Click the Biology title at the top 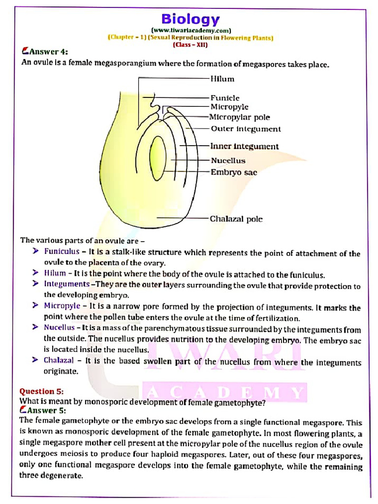[190, 19]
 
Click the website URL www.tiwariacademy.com [190, 30]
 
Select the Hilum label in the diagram [222, 79]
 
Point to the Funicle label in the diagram [225, 98]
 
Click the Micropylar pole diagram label [239, 117]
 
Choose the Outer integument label [246, 129]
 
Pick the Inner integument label [244, 146]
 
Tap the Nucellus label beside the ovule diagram [228, 160]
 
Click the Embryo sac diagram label [234, 172]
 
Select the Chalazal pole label [236, 219]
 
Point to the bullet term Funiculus [62, 252]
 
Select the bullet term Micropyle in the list [62, 306]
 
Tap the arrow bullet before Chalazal [35, 360]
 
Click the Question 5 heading [41, 392]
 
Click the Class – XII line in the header [190, 45]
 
